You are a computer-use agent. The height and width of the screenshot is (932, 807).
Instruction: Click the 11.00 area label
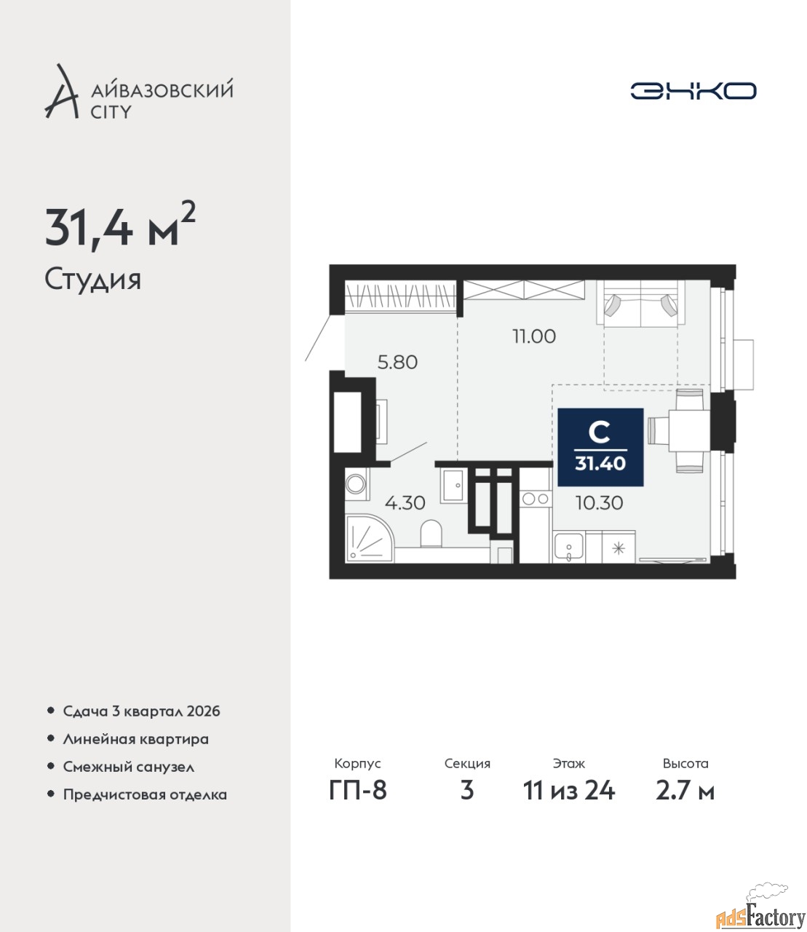(534, 336)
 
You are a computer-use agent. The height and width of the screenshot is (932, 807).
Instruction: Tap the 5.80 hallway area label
(397, 362)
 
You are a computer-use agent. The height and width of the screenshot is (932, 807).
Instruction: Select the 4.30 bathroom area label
(405, 502)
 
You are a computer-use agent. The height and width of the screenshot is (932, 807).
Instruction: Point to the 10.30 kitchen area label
(600, 502)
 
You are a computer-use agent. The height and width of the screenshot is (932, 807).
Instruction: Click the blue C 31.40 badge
(600, 447)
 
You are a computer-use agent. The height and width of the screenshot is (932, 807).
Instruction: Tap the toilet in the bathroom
(432, 534)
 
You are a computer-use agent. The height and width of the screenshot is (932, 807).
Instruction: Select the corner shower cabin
(370, 538)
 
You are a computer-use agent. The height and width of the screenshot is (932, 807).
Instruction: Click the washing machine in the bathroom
(357, 484)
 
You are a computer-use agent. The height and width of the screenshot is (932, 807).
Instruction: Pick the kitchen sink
(568, 547)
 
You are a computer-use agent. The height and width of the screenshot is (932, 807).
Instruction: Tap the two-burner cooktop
(536, 499)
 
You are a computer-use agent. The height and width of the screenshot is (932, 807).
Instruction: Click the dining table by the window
(689, 430)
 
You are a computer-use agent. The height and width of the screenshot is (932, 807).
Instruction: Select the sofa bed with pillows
(641, 303)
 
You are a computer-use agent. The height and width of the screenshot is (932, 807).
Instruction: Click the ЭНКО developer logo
(693, 90)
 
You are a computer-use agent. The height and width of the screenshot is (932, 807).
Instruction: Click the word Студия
(93, 280)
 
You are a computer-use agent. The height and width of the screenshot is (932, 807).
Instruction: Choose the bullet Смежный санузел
(128, 766)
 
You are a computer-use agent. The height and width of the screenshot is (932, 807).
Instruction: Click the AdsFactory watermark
(760, 914)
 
